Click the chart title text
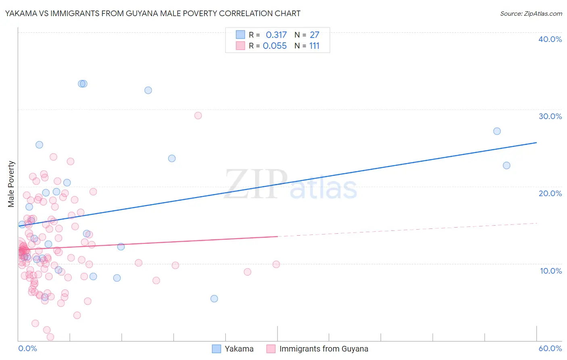[152, 13]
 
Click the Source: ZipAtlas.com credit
[531, 14]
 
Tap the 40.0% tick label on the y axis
[550, 39]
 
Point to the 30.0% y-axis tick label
[550, 116]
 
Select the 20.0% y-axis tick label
[550, 193]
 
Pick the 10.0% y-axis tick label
[551, 271]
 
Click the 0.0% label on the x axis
[27, 348]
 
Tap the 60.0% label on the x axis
[550, 348]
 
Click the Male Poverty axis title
[11, 184]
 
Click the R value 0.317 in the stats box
[276, 35]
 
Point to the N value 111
[314, 46]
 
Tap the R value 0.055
[275, 46]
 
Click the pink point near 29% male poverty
[198, 115]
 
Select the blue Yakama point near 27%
[497, 131]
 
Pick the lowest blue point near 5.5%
[214, 299]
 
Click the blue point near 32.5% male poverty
[148, 90]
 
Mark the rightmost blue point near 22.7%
[507, 165]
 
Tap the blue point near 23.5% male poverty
[172, 158]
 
